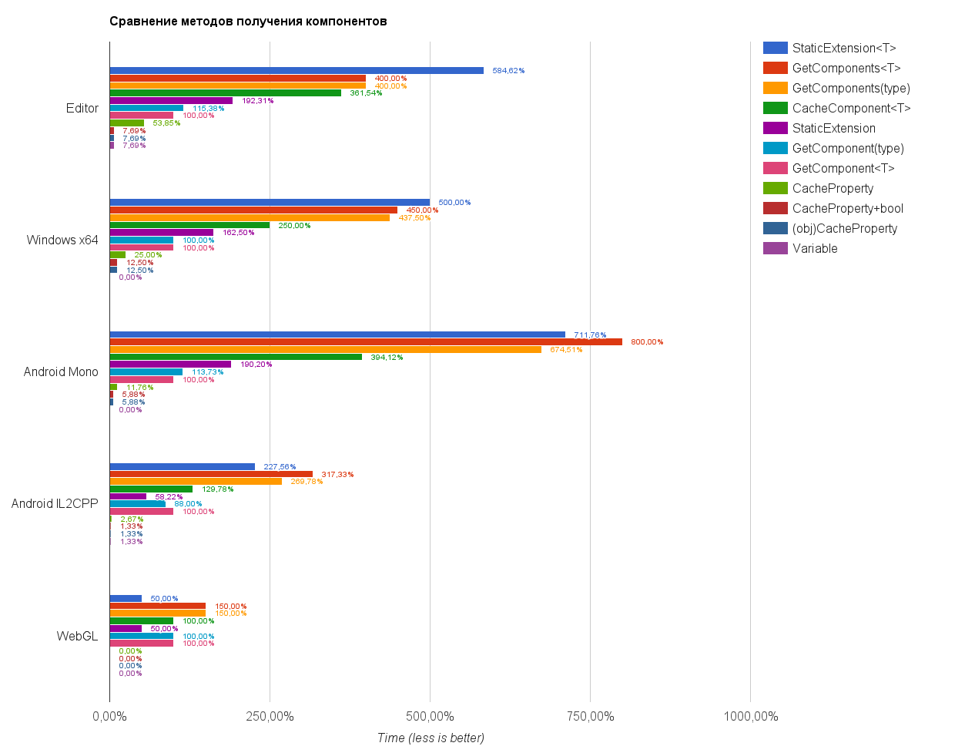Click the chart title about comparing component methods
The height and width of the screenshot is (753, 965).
pos(248,22)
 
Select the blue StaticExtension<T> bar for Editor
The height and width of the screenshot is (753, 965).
pos(297,71)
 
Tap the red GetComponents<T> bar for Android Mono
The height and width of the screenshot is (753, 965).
pos(366,342)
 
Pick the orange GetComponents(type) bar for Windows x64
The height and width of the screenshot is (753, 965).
pos(250,217)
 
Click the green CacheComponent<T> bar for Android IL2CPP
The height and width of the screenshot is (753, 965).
pos(151,489)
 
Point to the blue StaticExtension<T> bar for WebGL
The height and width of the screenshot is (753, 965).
pos(126,599)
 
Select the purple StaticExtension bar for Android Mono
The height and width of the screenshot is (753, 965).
pos(170,365)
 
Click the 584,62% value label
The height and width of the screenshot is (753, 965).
pos(508,71)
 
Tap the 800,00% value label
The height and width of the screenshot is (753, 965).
pos(647,342)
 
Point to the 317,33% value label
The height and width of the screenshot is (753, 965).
pos(337,475)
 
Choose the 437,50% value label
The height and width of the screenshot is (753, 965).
pos(414,218)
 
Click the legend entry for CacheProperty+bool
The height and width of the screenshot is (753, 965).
pos(847,208)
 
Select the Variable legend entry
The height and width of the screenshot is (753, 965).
pos(815,248)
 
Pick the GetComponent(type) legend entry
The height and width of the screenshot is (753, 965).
pos(848,148)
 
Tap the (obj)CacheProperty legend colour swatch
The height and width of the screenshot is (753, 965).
pos(776,228)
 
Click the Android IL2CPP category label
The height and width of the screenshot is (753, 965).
pos(55,503)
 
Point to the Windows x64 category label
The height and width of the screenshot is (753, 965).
pos(62,240)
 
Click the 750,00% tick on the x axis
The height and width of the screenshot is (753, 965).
pos(590,717)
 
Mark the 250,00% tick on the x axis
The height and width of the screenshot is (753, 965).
pos(270,717)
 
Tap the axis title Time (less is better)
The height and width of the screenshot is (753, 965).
pos(431,738)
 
